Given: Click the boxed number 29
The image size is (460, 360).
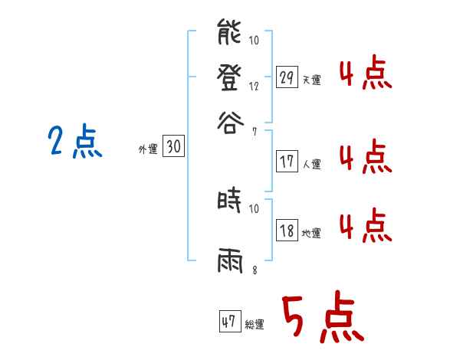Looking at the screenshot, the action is (x=287, y=77).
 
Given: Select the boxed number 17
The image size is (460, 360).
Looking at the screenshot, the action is (x=287, y=161).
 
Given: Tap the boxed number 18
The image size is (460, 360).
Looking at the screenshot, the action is (x=287, y=231).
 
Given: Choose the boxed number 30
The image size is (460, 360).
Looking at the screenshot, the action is (x=174, y=147).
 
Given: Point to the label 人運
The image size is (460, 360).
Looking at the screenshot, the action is (x=312, y=164).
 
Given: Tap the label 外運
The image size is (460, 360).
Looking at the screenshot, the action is (x=147, y=150).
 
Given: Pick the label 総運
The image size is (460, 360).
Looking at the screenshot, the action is (x=255, y=325).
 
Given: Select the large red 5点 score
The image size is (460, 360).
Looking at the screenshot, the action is (x=321, y=319).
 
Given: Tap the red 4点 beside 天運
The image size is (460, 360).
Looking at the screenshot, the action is (x=364, y=75).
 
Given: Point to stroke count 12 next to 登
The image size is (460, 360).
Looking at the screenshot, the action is (x=254, y=87).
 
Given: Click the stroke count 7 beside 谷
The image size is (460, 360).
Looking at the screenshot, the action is (x=255, y=132).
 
